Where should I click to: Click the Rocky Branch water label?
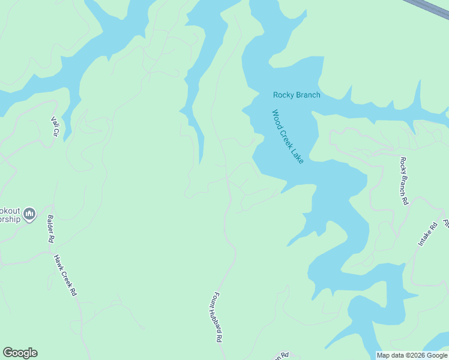pyautogui.click(x=297, y=95)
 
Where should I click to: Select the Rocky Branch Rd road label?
pyautogui.click(x=404, y=181)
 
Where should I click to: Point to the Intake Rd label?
pyautogui.click(x=428, y=235)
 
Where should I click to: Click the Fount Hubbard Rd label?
pyautogui.click(x=216, y=317)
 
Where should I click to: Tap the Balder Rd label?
pyautogui.click(x=51, y=229)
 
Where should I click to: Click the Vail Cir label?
pyautogui.click(x=55, y=125)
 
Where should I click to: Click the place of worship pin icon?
pyautogui.click(x=30, y=214)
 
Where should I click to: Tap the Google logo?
pyautogui.click(x=20, y=353)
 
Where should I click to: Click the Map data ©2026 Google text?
pyautogui.click(x=412, y=356)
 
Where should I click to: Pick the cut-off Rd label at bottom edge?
pyautogui.click(x=283, y=356)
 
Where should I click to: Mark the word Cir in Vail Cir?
pyautogui.click(x=57, y=130)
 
